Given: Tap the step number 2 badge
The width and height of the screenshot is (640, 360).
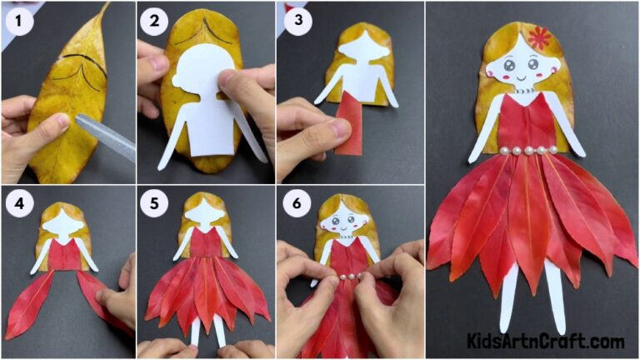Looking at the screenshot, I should point(152,22).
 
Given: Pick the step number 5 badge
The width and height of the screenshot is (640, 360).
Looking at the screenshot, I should point(152,203).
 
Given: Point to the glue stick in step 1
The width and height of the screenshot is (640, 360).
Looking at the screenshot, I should point(104,137).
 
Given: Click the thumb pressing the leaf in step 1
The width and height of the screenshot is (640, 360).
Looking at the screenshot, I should point(52,125).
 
